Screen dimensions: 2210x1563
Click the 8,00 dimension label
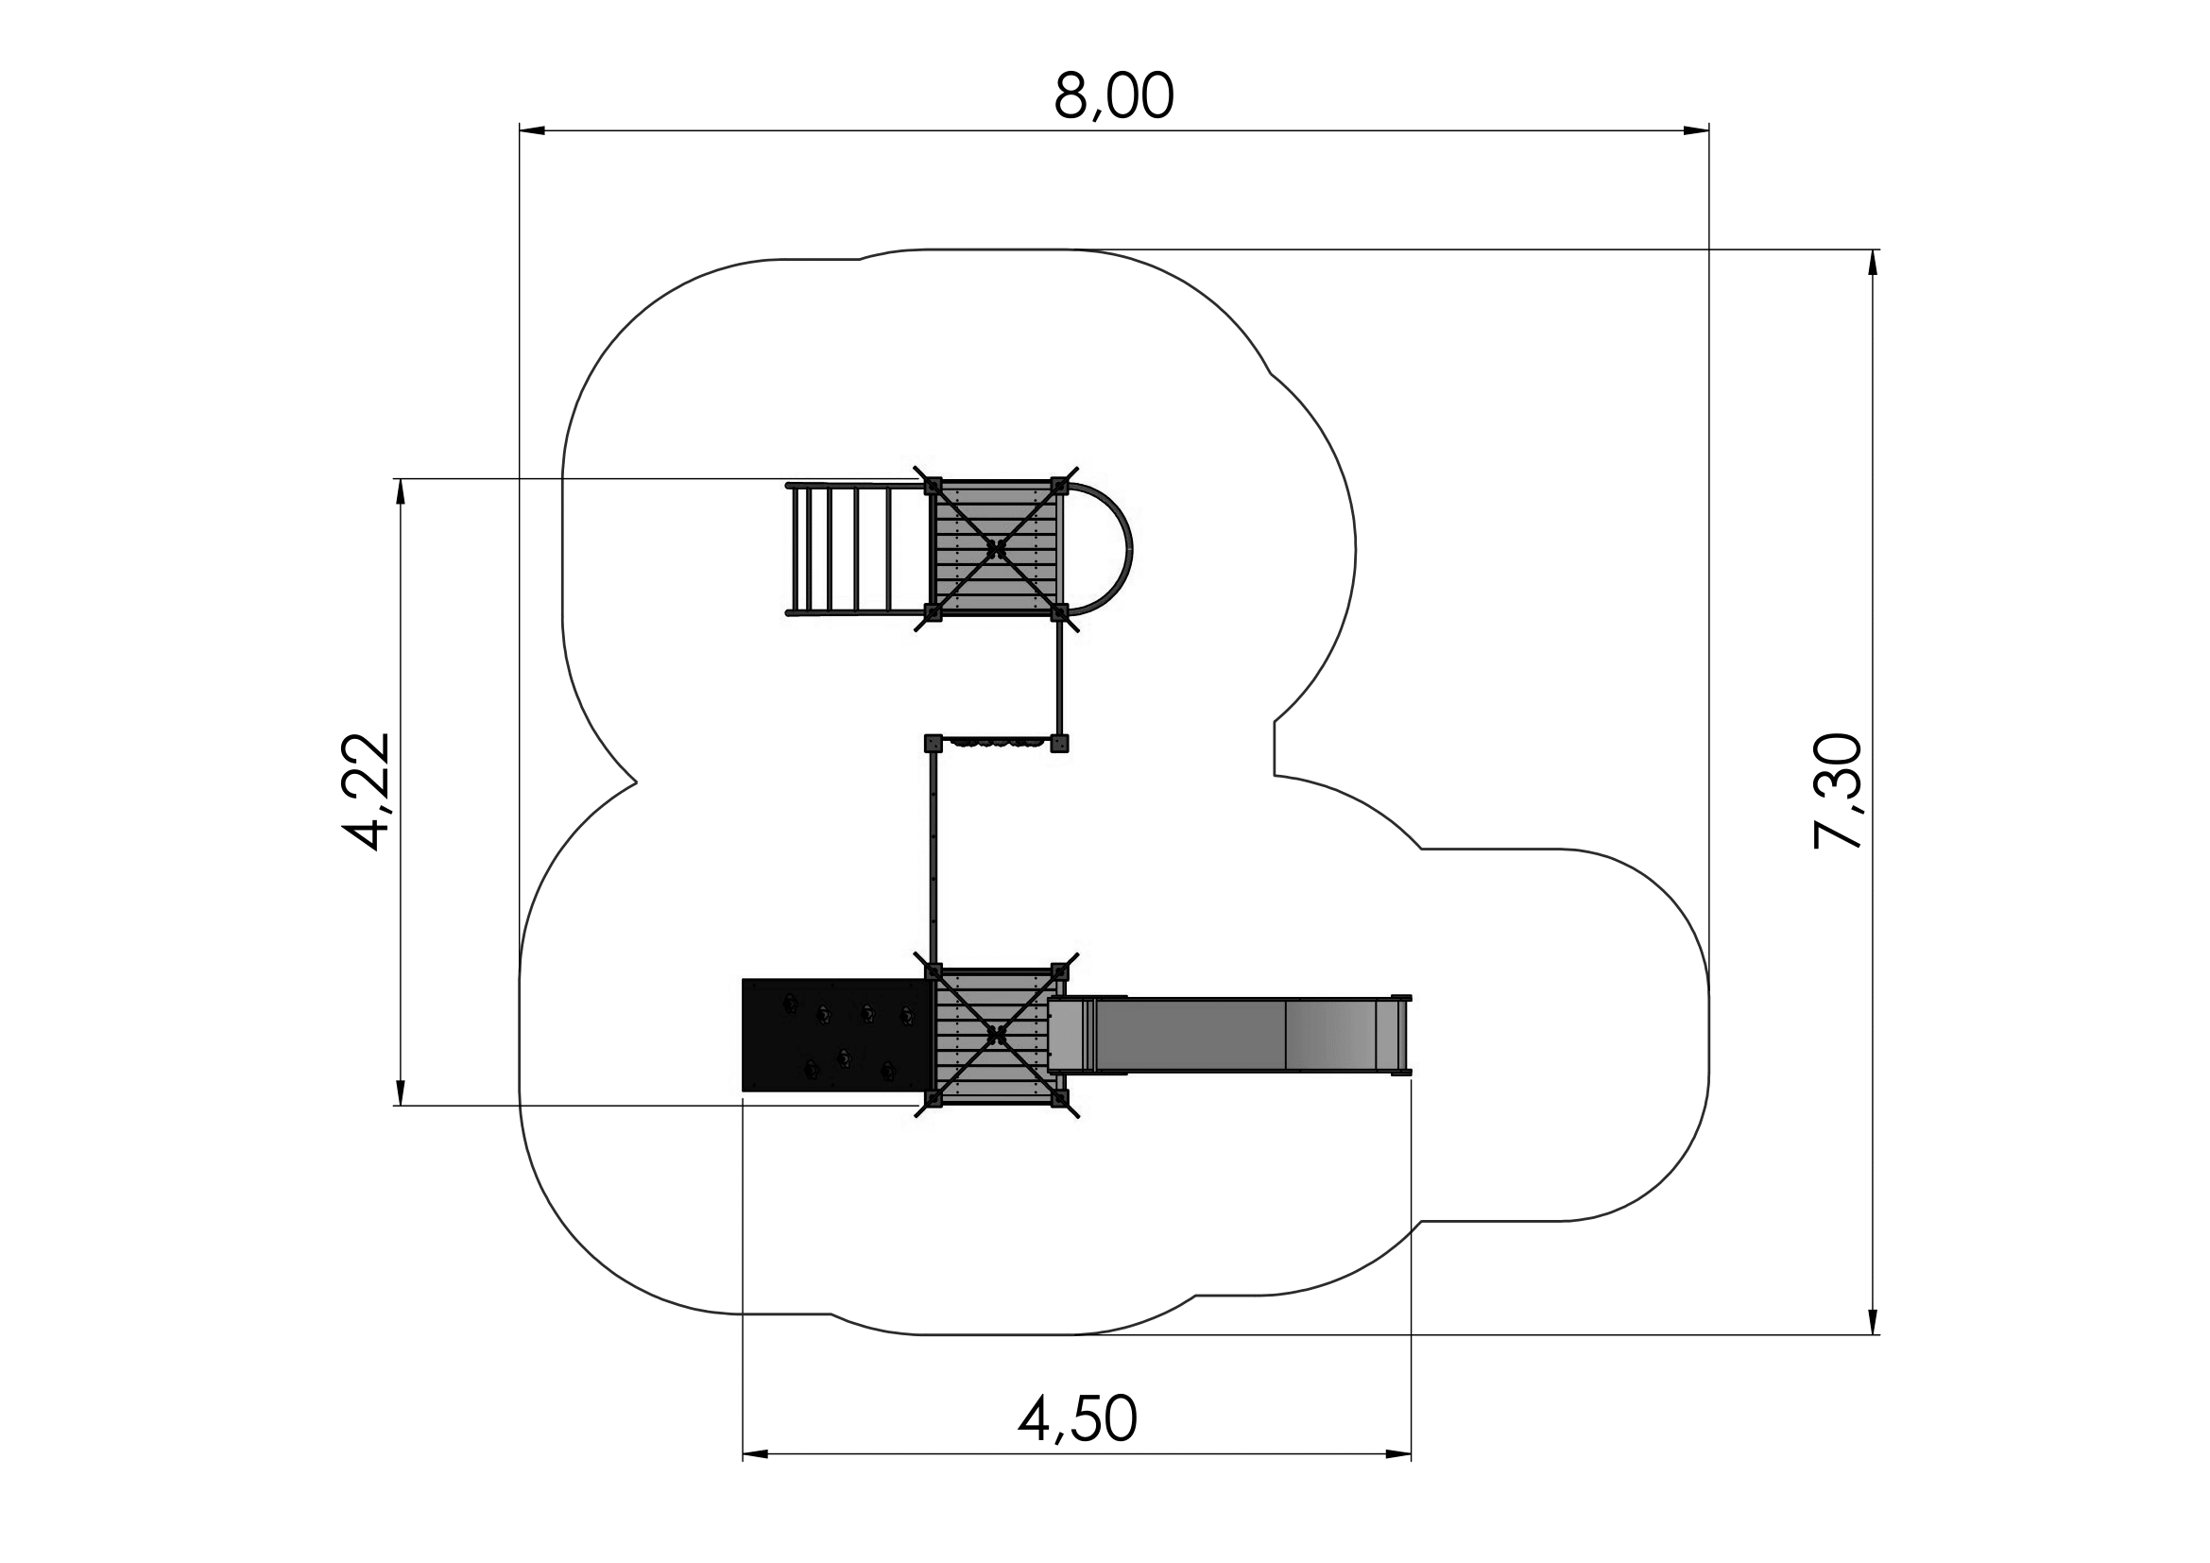coord(1114,96)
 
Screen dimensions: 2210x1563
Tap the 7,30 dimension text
coord(1839,791)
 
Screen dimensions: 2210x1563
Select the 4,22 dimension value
coord(368,791)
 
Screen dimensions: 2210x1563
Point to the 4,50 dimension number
coord(1077,1419)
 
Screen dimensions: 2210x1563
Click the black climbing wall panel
coord(837,1035)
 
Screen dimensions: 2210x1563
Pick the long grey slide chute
coord(1229,1036)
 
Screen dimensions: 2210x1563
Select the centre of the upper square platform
coord(996,549)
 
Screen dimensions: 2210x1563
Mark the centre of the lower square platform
coord(996,1036)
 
